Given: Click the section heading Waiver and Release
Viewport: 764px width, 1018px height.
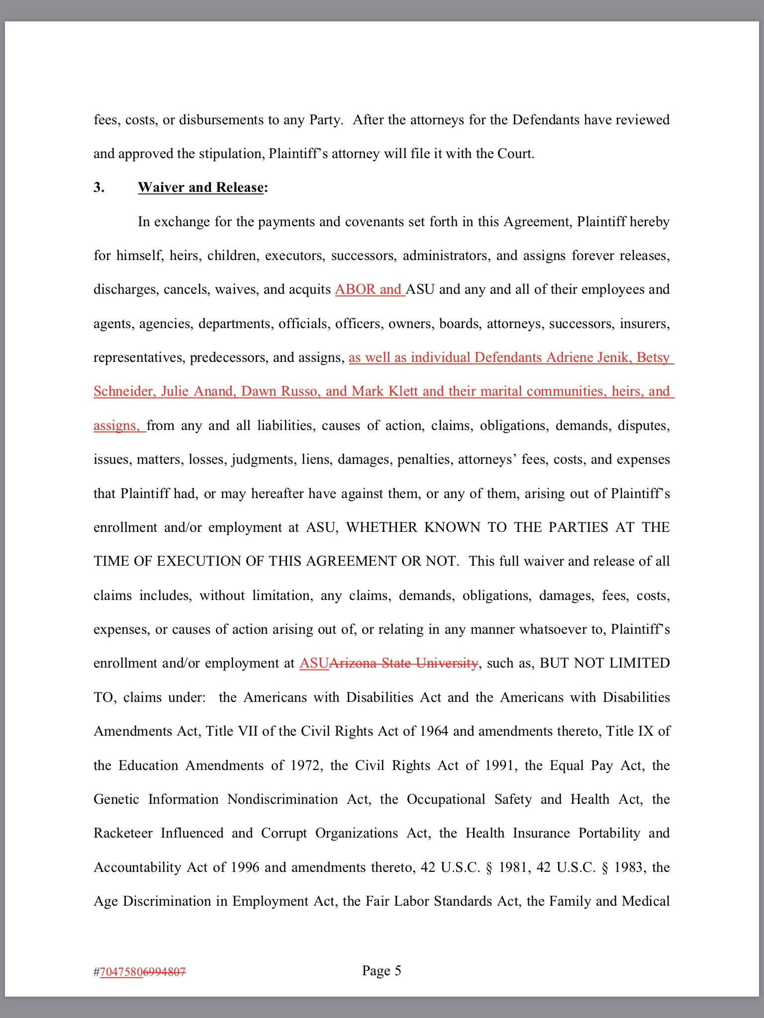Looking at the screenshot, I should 200,187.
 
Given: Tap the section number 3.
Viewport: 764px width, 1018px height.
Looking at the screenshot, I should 99,187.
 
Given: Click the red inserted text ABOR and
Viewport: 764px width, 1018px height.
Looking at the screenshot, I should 369,289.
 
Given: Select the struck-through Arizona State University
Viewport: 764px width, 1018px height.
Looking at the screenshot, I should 403,663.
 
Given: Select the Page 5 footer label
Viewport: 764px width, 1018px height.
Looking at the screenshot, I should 382,970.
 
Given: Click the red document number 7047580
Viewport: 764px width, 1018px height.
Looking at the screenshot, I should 121,972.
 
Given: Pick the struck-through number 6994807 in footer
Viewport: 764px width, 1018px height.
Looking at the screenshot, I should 165,972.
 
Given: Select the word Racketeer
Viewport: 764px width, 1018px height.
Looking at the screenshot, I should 123,833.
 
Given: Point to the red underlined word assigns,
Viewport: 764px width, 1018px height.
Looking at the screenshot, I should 117,425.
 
